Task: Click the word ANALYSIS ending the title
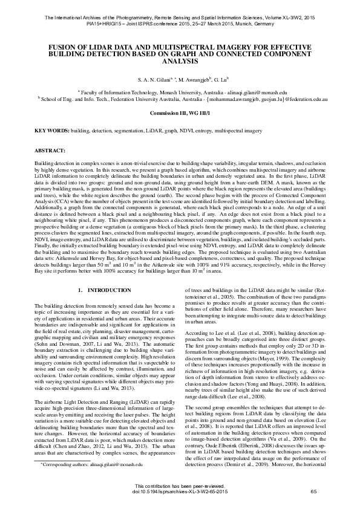tap(180, 61)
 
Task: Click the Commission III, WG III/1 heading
tap(180, 112)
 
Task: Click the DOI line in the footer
tap(180, 491)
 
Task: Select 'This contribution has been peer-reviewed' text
tap(180, 485)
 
